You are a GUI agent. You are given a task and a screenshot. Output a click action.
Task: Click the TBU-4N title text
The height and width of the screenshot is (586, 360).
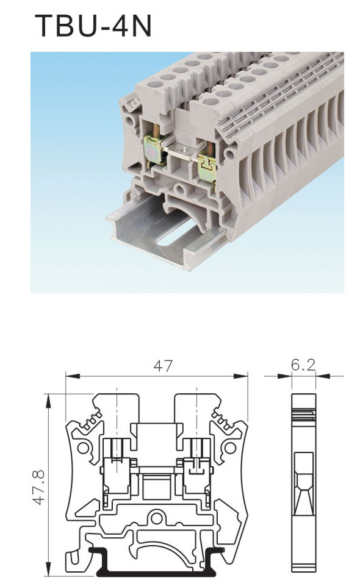pos(93,26)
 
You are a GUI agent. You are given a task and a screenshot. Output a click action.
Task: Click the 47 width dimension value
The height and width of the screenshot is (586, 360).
pos(164,366)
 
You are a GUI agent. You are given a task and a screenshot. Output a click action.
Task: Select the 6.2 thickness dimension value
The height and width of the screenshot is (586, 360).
pos(303,365)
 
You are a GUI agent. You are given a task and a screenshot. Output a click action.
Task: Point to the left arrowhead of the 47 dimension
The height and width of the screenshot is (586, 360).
pos(73,376)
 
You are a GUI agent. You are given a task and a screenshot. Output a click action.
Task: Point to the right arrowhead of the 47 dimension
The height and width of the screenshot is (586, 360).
pos(241,376)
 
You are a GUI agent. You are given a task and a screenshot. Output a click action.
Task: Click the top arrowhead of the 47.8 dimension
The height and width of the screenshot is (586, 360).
pos(48,401)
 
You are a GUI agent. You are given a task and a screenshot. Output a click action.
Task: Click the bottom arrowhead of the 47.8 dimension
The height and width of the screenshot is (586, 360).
pos(48,570)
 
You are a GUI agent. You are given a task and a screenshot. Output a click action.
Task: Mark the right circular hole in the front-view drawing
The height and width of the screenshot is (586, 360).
pos(230,448)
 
